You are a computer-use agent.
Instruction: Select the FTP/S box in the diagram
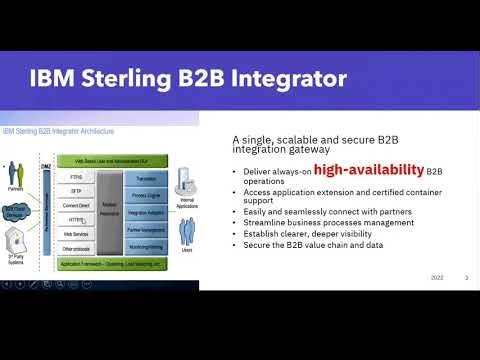pos(76,174)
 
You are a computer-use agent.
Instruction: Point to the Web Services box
pos(76,231)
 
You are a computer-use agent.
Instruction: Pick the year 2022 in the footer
pos(437,277)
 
